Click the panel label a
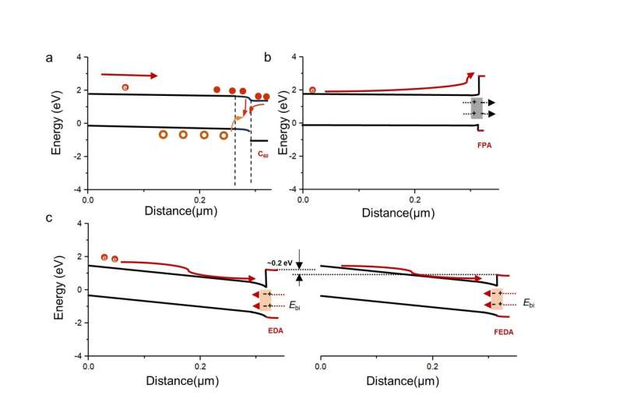click(x=49, y=58)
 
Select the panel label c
click(x=50, y=217)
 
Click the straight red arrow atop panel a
click(x=129, y=75)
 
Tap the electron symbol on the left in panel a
click(x=125, y=87)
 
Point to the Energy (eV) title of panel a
click(x=58, y=123)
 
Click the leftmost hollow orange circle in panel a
click(x=163, y=135)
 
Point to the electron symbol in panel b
click(x=313, y=90)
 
